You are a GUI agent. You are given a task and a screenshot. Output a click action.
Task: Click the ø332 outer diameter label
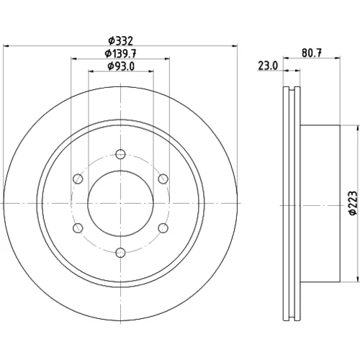[120, 41]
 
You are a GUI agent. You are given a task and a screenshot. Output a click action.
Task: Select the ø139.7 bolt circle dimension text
[120, 53]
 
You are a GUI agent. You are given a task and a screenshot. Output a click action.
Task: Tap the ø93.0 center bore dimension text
[121, 66]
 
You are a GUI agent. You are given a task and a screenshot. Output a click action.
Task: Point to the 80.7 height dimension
[312, 53]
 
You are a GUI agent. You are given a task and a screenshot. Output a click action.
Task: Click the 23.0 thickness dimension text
[268, 66]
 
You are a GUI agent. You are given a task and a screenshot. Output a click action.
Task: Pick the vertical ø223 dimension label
[353, 203]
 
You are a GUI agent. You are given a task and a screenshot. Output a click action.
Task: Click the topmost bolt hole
[120, 154]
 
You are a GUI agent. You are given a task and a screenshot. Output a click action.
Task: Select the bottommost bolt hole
[120, 253]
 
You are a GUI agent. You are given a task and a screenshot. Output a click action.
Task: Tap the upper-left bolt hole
[78, 179]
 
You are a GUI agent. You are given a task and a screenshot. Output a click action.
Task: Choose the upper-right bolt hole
[163, 179]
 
